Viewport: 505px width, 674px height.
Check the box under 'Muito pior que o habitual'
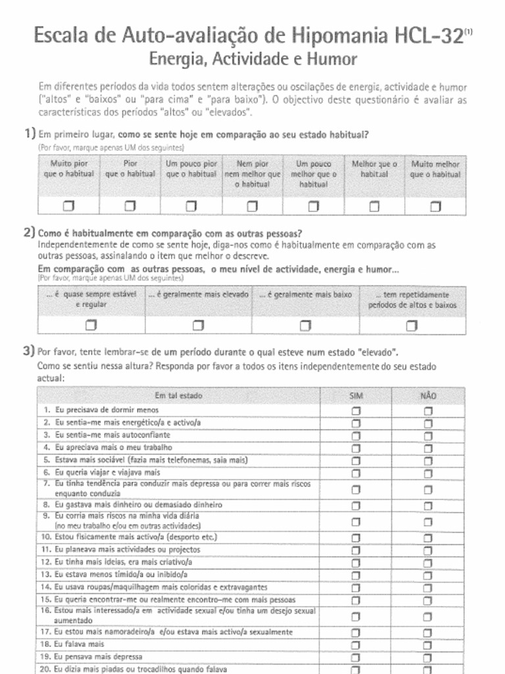pos(69,207)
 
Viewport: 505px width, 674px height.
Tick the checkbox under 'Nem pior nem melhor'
pos(252,207)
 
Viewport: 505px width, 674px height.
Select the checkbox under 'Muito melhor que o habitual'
pos(435,207)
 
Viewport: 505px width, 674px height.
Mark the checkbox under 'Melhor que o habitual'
pos(374,207)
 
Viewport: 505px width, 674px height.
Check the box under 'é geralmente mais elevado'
pos(198,325)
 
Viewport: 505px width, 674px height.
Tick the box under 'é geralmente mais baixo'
pos(305,325)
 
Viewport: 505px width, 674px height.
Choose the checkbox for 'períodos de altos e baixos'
pos(412,325)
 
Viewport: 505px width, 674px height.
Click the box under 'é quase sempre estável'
pos(91,325)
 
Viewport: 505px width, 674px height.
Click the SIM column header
pos(356,396)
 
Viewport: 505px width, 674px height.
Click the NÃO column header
pos(428,396)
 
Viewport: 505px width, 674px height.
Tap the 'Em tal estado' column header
pos(178,396)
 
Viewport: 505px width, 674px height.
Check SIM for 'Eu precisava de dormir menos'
pos(356,411)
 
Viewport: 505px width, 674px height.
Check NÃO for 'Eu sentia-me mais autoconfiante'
pos(428,436)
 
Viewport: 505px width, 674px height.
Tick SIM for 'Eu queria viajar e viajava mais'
pos(356,473)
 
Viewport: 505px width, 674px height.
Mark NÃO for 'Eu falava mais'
pos(428,645)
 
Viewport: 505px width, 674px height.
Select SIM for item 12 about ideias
pos(356,563)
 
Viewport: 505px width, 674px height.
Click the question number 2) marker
pos(29,232)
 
